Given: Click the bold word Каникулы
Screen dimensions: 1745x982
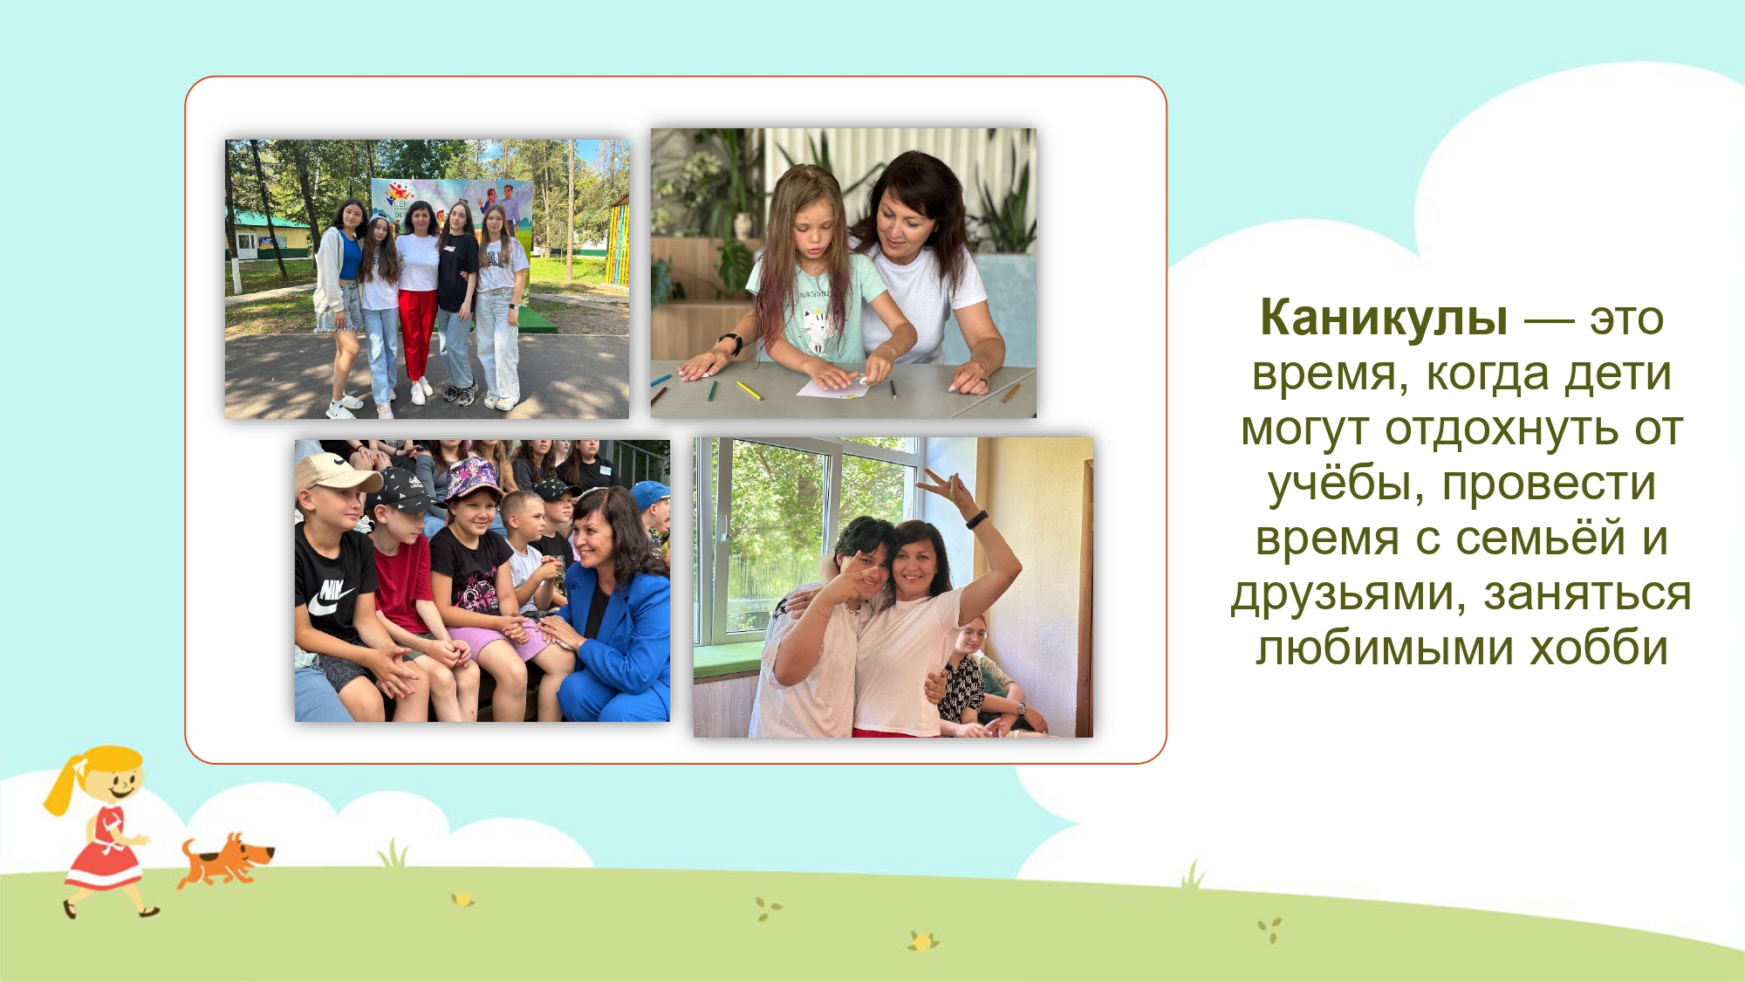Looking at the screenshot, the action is click(x=1384, y=318).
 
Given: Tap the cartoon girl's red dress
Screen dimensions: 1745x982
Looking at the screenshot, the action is click(x=104, y=851).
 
